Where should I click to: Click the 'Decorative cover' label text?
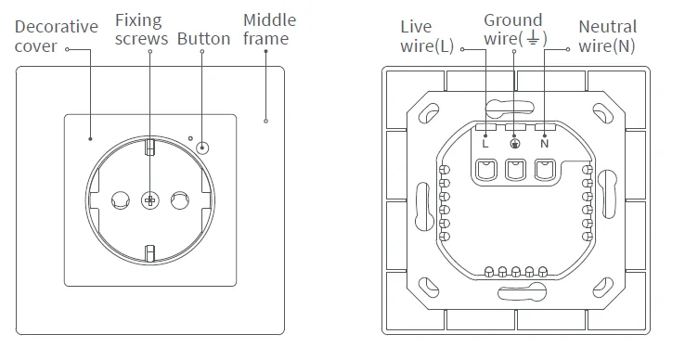pos(56,36)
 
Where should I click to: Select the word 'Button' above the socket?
pos(203,39)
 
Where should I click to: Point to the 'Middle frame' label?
pos(269,29)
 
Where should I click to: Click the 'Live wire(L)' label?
pos(427,36)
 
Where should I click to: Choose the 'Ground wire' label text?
pos(512,29)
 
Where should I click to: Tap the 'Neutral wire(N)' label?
pos(607,36)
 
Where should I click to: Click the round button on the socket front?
pos(202,148)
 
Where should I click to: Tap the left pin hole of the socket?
pos(119,198)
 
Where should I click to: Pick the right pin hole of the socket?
pos(180,198)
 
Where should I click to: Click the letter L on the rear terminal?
pos(485,142)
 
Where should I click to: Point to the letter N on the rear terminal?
pos(544,142)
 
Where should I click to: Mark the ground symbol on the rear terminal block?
pos(515,143)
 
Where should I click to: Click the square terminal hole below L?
pos(485,170)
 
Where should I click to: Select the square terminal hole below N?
pos(545,170)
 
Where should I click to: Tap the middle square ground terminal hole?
pos(515,170)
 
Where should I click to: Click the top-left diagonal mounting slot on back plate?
pos(431,113)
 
